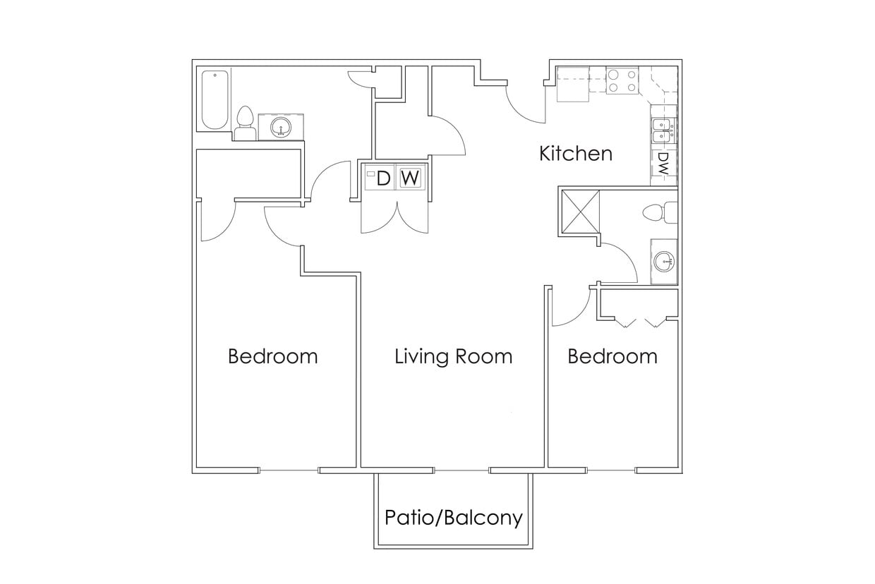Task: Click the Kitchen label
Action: pyautogui.click(x=575, y=153)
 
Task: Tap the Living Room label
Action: pyautogui.click(x=453, y=356)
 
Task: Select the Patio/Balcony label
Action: pyautogui.click(x=453, y=518)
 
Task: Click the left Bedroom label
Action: pyautogui.click(x=272, y=356)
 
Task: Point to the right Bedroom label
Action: pyautogui.click(x=612, y=356)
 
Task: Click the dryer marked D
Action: pyautogui.click(x=380, y=178)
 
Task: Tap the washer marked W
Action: pyautogui.click(x=410, y=178)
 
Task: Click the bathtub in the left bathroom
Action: pyautogui.click(x=215, y=99)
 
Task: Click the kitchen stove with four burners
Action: pyautogui.click(x=622, y=80)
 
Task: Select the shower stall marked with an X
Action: pyautogui.click(x=579, y=210)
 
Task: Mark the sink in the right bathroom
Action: pyautogui.click(x=664, y=262)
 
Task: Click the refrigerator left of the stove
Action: pyautogui.click(x=573, y=85)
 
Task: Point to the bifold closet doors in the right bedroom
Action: pyautogui.click(x=638, y=322)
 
